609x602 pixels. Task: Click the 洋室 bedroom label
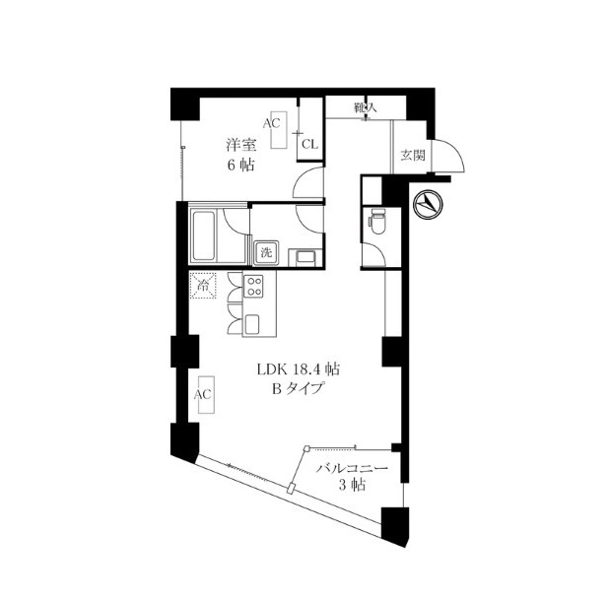click(x=241, y=145)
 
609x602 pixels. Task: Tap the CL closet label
click(x=310, y=145)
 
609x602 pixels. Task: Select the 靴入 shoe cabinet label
click(x=365, y=106)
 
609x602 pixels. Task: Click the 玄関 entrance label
click(x=413, y=156)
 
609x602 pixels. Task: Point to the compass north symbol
click(x=429, y=204)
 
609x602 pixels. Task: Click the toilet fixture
click(x=376, y=221)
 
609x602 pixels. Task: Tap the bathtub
click(x=204, y=235)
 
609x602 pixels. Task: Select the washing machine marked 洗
click(x=266, y=252)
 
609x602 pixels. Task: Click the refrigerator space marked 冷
click(x=203, y=286)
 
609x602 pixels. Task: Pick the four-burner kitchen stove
click(x=253, y=286)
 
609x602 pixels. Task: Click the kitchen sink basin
click(x=252, y=324)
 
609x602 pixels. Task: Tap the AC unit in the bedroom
click(x=279, y=130)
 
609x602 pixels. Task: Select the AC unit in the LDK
click(x=207, y=395)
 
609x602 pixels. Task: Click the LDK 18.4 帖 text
click(x=299, y=368)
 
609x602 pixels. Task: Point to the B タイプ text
click(x=298, y=388)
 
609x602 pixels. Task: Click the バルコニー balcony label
click(x=352, y=468)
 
